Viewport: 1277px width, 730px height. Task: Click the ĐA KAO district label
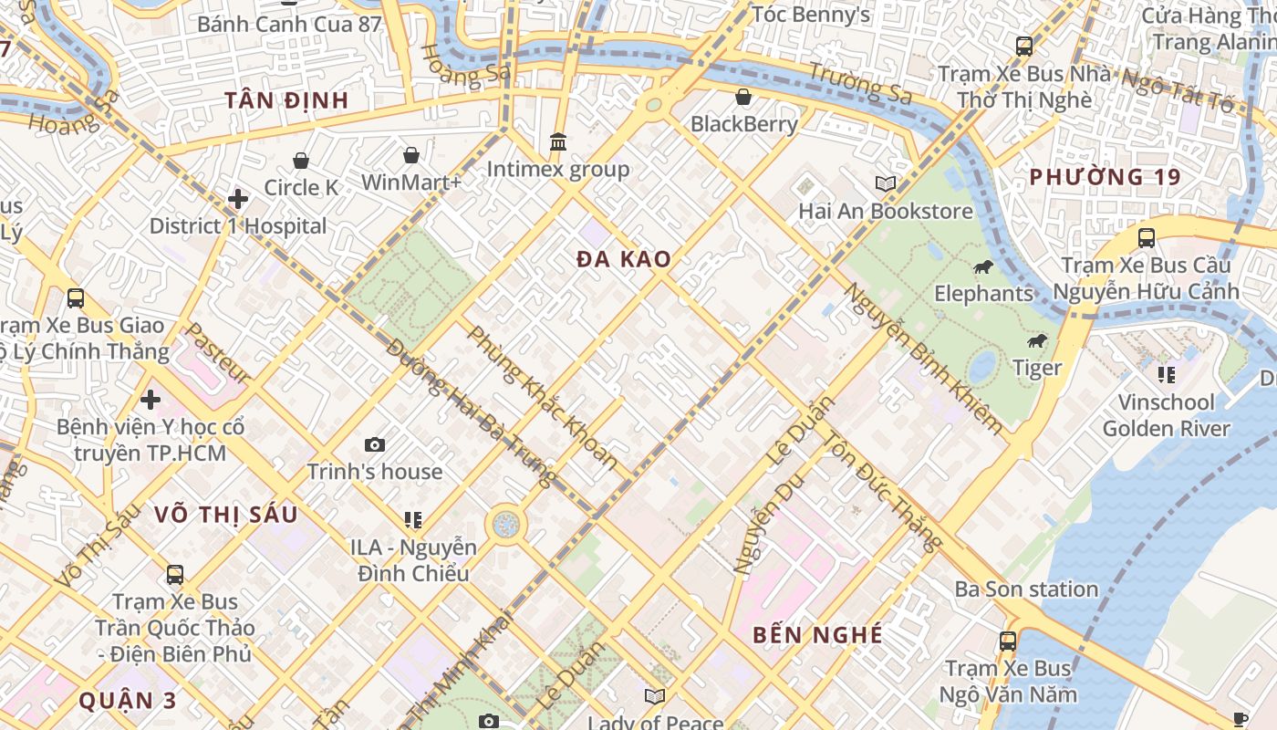[624, 259]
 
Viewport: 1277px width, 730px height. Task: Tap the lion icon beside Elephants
[982, 267]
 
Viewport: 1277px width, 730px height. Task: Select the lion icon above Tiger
[1037, 341]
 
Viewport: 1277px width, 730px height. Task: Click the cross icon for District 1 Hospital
[238, 199]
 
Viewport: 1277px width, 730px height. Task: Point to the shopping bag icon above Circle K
[301, 162]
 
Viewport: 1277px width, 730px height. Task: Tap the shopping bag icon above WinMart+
[411, 155]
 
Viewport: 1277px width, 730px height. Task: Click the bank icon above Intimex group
[558, 142]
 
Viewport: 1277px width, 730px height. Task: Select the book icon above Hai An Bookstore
[886, 183]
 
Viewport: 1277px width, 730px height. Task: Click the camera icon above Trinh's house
[374, 445]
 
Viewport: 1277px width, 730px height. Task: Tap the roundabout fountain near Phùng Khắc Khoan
[505, 524]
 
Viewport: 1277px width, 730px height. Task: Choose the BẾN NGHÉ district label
[817, 635]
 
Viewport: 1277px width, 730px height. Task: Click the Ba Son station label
[1026, 589]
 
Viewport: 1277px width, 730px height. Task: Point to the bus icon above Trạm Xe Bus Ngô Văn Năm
[1008, 641]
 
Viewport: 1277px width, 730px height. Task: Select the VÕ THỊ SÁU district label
[225, 515]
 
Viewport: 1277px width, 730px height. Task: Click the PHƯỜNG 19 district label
[1105, 177]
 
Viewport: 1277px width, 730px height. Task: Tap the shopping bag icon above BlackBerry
[743, 97]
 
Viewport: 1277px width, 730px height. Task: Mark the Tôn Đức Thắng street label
[882, 490]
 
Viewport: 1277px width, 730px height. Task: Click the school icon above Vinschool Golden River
[1166, 374]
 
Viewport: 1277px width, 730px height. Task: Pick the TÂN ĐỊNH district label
[286, 100]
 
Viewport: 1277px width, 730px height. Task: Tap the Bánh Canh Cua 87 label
[289, 24]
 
